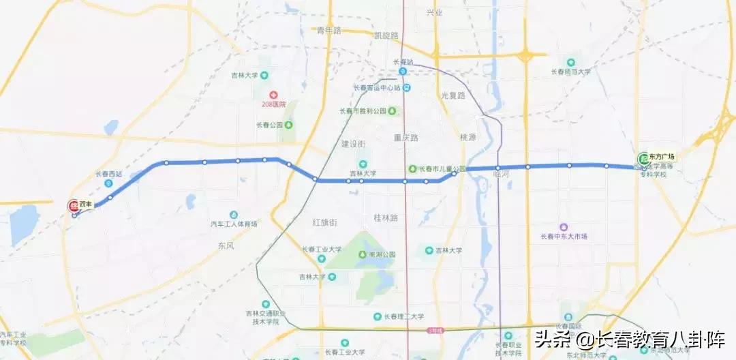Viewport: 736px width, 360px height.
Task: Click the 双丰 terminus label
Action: click(86, 204)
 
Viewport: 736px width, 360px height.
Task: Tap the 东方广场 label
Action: click(661, 155)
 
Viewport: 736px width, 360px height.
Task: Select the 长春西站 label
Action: click(108, 173)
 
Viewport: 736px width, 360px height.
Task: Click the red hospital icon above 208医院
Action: click(273, 93)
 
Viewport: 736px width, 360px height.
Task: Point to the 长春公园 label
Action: click(268, 125)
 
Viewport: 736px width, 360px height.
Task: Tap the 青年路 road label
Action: click(328, 30)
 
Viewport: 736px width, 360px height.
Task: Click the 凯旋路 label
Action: click(386, 35)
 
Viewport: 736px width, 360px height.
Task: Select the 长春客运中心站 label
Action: click(377, 87)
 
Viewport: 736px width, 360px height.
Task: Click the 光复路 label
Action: click(453, 95)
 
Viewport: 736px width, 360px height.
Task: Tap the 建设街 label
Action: click(354, 144)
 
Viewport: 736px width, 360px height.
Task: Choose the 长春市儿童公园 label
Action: click(442, 168)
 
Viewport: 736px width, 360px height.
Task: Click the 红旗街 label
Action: click(325, 222)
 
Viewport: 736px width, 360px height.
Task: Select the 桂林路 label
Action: click(386, 217)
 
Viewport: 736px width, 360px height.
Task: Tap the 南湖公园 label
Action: click(382, 254)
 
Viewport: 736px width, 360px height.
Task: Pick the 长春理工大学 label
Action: click(403, 316)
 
